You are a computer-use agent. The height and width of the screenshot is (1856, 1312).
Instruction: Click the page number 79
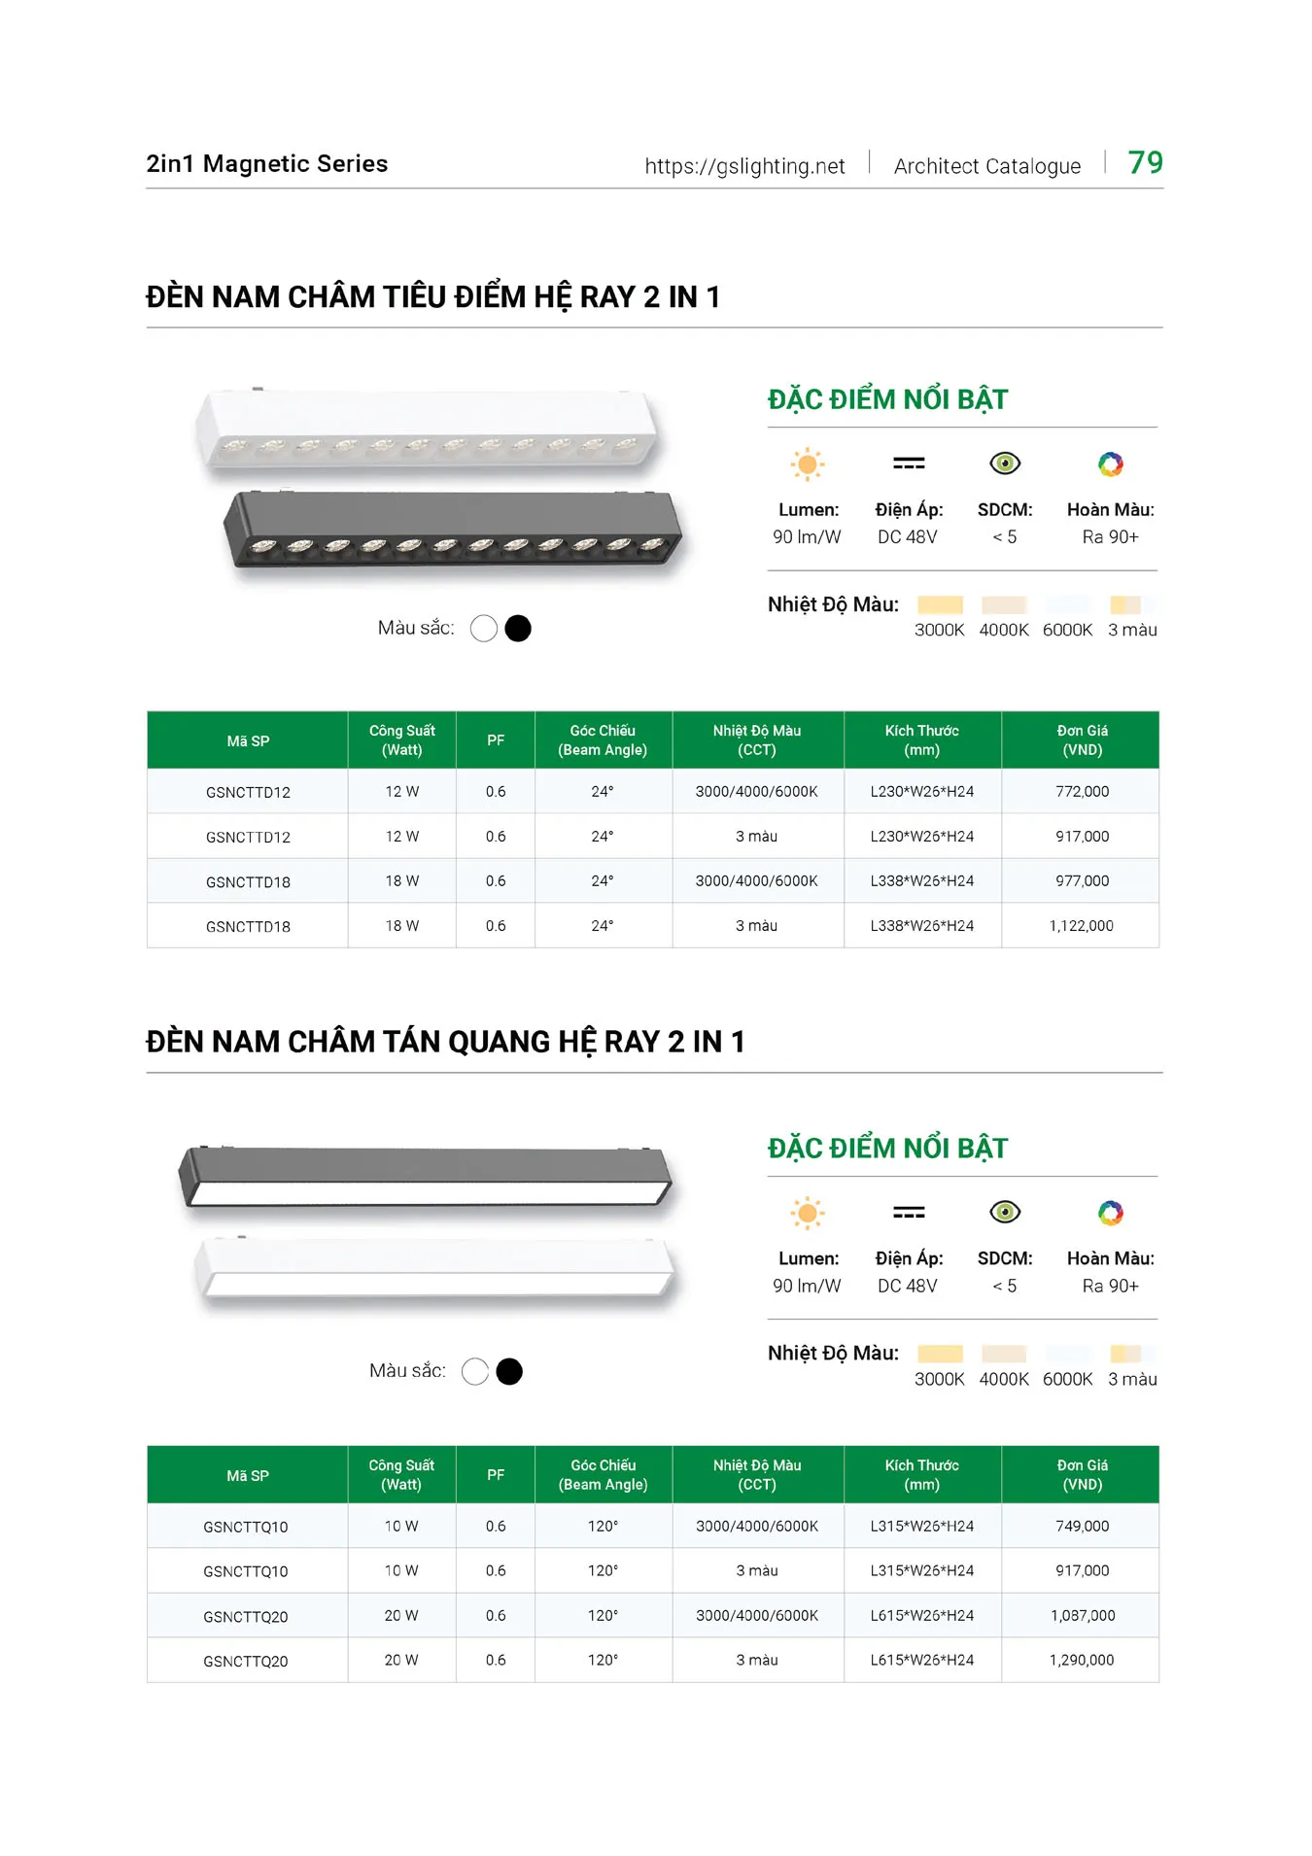pyautogui.click(x=1145, y=162)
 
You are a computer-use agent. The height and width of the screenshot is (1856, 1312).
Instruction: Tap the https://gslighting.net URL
pyautogui.click(x=744, y=166)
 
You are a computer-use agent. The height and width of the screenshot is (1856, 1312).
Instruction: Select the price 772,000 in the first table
pyautogui.click(x=1082, y=791)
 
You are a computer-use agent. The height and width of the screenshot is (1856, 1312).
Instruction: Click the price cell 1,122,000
pyautogui.click(x=1081, y=926)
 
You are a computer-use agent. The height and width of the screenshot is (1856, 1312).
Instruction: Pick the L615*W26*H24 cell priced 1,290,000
pyautogui.click(x=921, y=1660)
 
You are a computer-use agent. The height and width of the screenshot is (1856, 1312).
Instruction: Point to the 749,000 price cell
pyautogui.click(x=1082, y=1526)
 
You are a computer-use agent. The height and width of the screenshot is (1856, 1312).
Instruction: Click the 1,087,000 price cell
pyautogui.click(x=1082, y=1615)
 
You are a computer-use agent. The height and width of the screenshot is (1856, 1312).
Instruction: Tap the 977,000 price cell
pyautogui.click(x=1082, y=880)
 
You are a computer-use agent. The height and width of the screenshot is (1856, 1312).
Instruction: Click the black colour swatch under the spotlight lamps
pyautogui.click(x=518, y=629)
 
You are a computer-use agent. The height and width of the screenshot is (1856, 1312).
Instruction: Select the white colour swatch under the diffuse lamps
pyautogui.click(x=475, y=1371)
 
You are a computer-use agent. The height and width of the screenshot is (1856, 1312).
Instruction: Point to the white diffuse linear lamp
pyautogui.click(x=434, y=1271)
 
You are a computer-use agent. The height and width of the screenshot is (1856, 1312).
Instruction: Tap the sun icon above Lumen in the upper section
pyautogui.click(x=807, y=464)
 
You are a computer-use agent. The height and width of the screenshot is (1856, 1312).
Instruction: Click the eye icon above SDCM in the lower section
pyautogui.click(x=1005, y=1212)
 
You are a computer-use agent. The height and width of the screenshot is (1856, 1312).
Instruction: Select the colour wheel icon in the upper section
pyautogui.click(x=1110, y=464)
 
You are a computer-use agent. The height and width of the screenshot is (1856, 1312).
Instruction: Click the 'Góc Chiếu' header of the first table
pyautogui.click(x=603, y=739)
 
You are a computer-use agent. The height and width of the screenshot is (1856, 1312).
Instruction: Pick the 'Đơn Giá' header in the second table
pyautogui.click(x=1082, y=1474)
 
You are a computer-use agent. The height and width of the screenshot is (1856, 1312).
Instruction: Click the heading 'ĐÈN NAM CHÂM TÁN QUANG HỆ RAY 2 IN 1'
pyautogui.click(x=445, y=1042)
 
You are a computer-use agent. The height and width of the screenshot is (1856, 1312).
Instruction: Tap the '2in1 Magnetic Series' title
pyautogui.click(x=267, y=163)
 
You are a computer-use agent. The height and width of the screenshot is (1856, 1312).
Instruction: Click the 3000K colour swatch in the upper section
pyautogui.click(x=940, y=605)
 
